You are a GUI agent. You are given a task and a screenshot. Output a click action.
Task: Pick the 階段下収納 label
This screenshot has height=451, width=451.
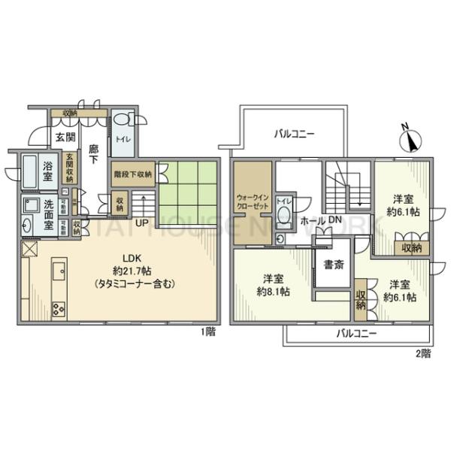[x=132, y=172]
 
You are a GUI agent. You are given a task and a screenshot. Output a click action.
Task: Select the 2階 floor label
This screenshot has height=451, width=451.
[x=422, y=352]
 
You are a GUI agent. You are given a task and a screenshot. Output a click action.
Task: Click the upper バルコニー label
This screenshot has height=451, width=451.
[x=294, y=134]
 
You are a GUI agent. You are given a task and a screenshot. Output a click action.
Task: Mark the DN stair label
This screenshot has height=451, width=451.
[x=334, y=220]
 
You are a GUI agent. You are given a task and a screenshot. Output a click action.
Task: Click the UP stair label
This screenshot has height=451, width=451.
[x=141, y=222]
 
